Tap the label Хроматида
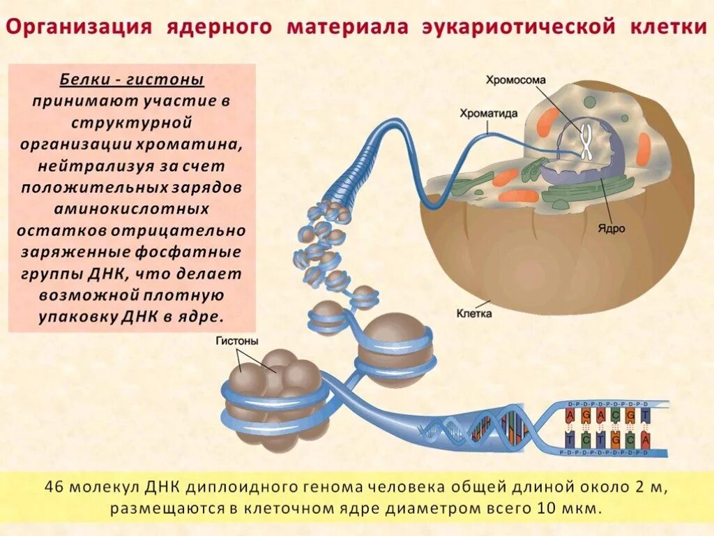pos(487,112)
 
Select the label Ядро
pos(611,228)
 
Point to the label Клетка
pos(474,313)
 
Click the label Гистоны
pos(237,341)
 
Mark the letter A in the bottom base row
pos(646,440)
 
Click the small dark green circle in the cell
pos(590,101)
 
